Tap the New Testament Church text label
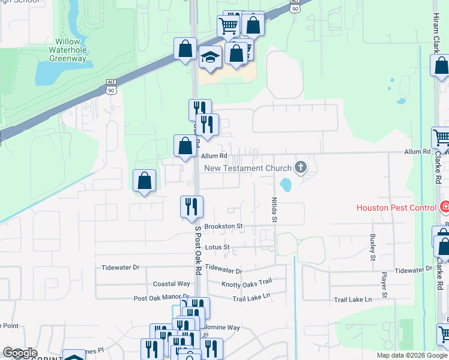click(248, 169)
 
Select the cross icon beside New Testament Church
click(300, 169)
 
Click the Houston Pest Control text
click(396, 208)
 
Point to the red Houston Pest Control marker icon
click(445, 208)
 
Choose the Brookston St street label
click(223, 227)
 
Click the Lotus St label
click(217, 247)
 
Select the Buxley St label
click(373, 247)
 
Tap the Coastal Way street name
click(172, 284)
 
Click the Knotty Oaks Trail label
click(247, 284)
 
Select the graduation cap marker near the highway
click(210, 58)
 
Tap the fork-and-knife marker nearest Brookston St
click(192, 206)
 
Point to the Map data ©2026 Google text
click(412, 355)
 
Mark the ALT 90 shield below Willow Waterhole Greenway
click(111, 88)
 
